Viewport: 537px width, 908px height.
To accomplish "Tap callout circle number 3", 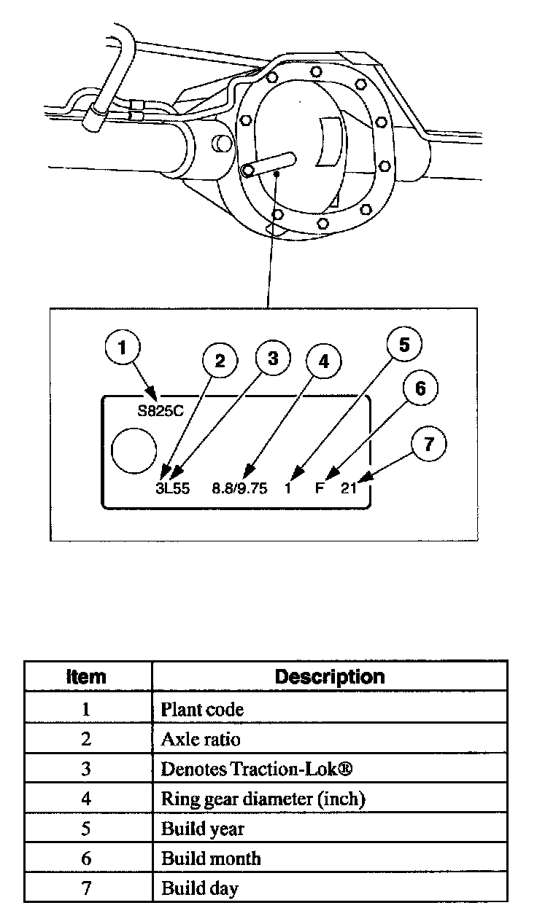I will coord(273,359).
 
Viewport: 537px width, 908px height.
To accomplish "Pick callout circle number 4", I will coord(323,362).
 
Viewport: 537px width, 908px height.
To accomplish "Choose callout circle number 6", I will coord(420,388).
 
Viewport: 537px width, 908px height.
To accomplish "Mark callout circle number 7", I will coord(430,445).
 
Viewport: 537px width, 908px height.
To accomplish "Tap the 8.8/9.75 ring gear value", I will coord(239,489).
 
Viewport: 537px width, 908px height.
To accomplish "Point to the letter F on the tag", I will coord(320,489).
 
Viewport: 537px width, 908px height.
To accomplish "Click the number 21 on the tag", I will coord(349,489).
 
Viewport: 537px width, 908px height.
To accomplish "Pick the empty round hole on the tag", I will coord(134,450).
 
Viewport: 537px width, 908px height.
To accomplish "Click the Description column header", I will coord(330,676).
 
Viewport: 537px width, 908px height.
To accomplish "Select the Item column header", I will coord(86,676).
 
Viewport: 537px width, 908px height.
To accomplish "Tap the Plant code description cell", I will coord(202,708).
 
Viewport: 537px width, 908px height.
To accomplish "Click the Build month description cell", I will coord(211,858).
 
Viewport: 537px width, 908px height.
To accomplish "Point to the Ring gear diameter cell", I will coord(263,799).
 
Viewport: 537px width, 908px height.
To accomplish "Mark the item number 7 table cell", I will coord(86,888).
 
